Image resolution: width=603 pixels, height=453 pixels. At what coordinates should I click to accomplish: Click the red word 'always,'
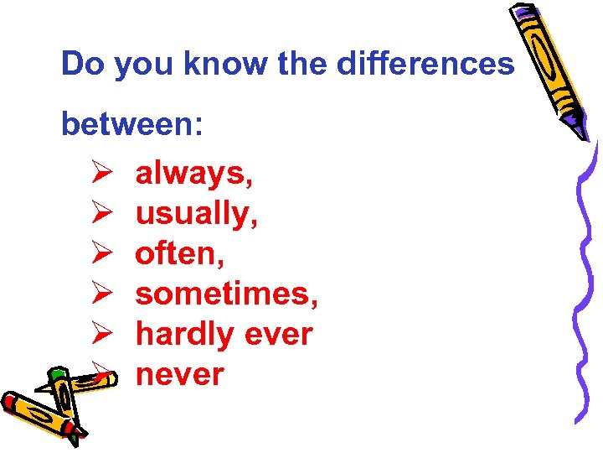pyautogui.click(x=194, y=174)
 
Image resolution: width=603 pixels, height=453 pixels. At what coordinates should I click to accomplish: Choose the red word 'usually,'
pyautogui.click(x=197, y=214)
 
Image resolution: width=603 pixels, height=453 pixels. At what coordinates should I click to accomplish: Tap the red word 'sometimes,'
pyautogui.click(x=227, y=294)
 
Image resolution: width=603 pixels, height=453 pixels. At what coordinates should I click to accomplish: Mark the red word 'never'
pyautogui.click(x=179, y=374)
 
